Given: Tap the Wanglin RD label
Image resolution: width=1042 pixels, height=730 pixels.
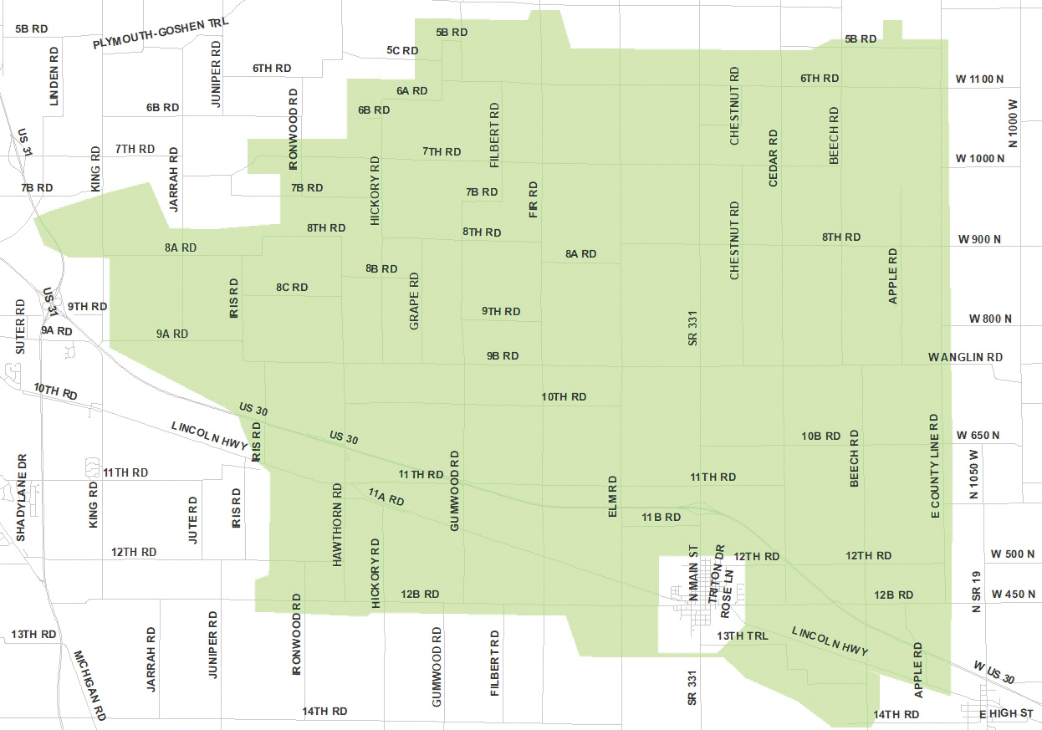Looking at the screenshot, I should pos(964,357).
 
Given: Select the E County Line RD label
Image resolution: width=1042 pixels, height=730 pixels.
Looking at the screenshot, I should pos(935,467).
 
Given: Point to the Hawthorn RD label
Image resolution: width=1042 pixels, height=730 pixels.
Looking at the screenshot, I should pos(338,524).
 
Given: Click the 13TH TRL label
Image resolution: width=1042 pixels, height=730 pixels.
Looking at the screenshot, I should pos(741,636).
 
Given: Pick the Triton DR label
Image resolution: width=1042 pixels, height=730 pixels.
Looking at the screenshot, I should pos(716,574).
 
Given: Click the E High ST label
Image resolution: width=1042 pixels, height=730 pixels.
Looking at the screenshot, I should pos(1006,714).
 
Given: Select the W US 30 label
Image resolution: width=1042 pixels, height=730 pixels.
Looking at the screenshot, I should pos(993,672).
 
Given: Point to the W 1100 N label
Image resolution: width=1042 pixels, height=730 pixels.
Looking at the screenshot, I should pos(979,79).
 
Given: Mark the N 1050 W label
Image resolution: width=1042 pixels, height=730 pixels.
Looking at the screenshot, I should pos(973,474).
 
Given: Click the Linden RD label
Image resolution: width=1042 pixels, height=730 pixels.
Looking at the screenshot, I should pos(55,75).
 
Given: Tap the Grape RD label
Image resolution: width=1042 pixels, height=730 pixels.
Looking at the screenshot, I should pos(414,300).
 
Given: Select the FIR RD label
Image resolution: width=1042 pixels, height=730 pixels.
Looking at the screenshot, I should pos(534,199).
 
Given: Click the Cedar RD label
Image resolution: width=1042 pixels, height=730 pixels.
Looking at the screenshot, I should pos(773,158).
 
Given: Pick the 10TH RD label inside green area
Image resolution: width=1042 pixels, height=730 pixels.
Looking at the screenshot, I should pos(564,396).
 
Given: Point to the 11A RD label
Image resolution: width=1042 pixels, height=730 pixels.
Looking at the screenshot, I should pos(386,498).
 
